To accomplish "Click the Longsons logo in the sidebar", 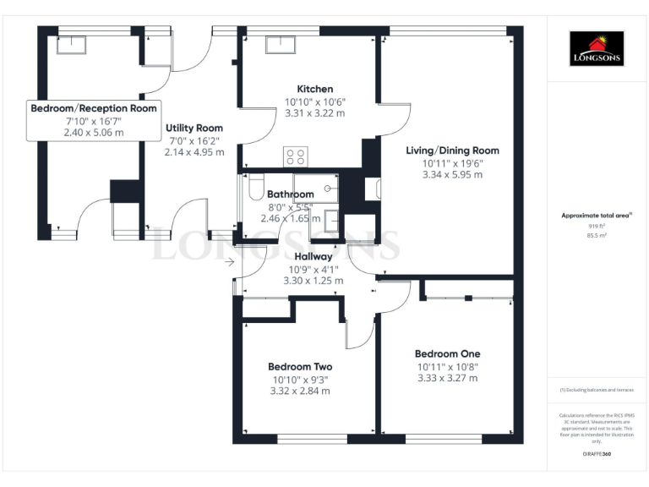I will point(596,48).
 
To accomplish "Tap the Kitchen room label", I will point(314,89).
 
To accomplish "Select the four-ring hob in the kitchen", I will point(296,156).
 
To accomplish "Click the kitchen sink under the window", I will point(279,45).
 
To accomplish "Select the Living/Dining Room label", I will point(452,150).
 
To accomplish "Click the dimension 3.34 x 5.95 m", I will point(452,175).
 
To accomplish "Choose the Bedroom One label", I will point(447,353).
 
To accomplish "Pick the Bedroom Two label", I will point(300,367).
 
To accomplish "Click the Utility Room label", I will point(194,128).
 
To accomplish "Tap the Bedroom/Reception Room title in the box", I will point(94,108).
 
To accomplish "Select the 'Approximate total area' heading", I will point(595,216).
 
